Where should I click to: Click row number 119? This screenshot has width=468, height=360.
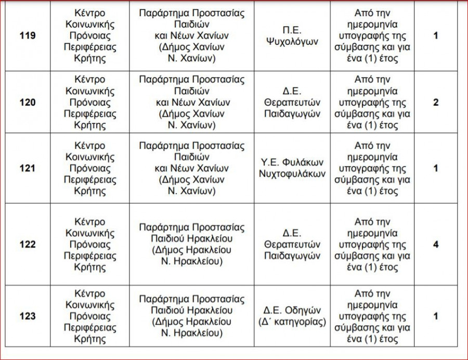tap(28, 36)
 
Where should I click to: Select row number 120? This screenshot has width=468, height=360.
tap(28, 102)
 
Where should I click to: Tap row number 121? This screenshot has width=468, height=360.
tap(28, 168)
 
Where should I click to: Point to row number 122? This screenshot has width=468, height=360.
tap(28, 245)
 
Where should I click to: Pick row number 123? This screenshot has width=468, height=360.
tap(28, 316)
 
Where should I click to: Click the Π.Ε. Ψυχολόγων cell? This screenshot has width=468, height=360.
tap(292, 36)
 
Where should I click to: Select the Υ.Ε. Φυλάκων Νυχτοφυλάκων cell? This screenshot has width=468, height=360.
tap(292, 168)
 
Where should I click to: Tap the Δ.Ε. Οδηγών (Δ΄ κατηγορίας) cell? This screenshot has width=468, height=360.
tap(292, 316)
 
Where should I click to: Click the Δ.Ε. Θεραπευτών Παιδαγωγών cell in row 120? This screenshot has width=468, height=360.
tap(292, 102)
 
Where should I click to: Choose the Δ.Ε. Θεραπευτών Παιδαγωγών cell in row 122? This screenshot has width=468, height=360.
tap(292, 245)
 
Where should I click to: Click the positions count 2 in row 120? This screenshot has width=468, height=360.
tap(436, 102)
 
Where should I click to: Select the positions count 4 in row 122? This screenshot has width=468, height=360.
tap(436, 245)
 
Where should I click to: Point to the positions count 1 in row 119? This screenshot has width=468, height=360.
tap(436, 36)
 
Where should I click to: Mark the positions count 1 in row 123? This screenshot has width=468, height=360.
tap(436, 316)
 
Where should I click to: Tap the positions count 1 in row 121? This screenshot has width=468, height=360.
tap(436, 168)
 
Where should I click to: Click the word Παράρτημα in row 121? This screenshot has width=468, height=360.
tap(163, 146)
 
